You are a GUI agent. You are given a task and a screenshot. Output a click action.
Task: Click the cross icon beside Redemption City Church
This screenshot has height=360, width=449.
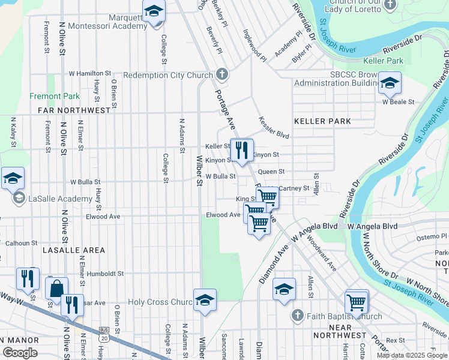point(222,74)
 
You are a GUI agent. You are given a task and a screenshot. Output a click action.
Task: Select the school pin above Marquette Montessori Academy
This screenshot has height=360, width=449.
point(154,12)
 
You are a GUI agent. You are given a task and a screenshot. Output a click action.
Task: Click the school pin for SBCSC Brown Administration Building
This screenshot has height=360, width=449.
point(390,83)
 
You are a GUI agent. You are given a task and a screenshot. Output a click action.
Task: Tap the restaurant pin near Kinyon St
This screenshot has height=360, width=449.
point(241,151)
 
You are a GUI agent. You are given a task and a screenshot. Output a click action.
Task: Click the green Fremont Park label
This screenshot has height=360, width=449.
point(55,96)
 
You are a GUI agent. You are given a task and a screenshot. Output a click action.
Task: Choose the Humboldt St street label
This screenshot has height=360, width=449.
point(104,273)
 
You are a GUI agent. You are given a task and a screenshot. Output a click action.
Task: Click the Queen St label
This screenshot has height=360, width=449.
point(271,172)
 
